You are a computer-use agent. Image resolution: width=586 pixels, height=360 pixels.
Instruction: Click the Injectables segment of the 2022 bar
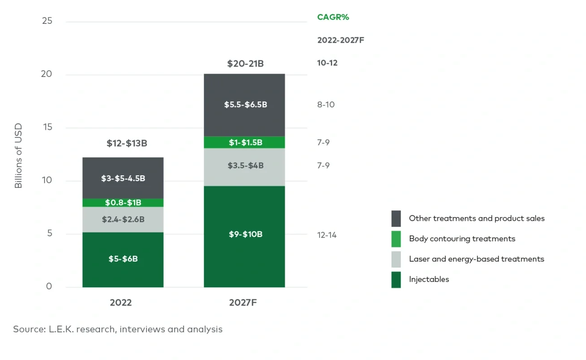pos(123,260)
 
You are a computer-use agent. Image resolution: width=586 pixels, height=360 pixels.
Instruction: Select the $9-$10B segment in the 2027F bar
pos(244,235)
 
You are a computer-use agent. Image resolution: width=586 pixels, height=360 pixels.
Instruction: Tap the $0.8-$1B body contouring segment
pos(123,203)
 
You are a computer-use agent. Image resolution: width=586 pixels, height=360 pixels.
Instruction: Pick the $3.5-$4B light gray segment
pos(244,166)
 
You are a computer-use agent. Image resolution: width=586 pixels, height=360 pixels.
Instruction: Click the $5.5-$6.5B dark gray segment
pos(244,105)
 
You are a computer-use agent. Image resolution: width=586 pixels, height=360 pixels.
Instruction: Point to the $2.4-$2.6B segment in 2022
pos(123,220)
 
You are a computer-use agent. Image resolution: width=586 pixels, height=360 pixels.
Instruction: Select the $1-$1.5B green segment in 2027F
pos(244,142)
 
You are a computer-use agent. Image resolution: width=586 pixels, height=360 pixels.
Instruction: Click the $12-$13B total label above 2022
pos(127,144)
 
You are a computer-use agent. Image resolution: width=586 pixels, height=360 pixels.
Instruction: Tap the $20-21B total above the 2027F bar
pos(245,64)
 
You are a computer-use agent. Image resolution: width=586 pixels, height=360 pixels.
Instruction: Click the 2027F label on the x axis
pos(243,303)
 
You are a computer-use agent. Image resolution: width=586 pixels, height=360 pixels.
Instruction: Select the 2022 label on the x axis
pos(121,303)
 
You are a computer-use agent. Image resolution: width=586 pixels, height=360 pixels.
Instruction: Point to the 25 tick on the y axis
pos(47,21)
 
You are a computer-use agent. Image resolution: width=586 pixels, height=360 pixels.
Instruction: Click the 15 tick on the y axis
pos(47,128)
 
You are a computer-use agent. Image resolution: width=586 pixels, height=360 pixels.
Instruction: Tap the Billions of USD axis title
pos(18,155)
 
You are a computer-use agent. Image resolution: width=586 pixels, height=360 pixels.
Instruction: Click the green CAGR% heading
pos(333,18)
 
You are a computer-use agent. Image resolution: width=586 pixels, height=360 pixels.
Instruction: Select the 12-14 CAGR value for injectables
pos(327,235)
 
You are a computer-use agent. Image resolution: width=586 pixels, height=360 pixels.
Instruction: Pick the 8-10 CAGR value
pos(325,105)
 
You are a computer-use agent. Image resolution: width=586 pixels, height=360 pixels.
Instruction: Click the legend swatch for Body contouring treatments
pos(396,239)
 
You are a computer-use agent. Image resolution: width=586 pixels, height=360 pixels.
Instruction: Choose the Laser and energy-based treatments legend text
pos(476,259)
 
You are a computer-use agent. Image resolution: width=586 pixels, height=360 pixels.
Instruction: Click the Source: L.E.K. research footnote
pos(118,329)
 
